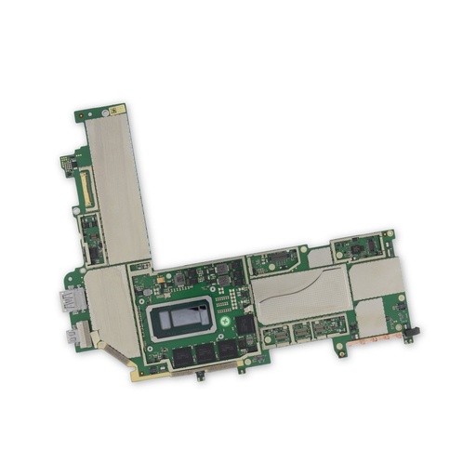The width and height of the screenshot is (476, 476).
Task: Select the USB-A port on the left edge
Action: [x=70, y=301]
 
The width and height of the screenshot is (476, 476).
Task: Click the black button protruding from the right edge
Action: [x=414, y=331]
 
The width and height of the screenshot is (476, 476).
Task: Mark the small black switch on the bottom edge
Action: [x=204, y=376]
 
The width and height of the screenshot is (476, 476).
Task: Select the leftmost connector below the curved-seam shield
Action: [x=275, y=335]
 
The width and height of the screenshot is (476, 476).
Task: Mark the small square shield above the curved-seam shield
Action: [x=320, y=255]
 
